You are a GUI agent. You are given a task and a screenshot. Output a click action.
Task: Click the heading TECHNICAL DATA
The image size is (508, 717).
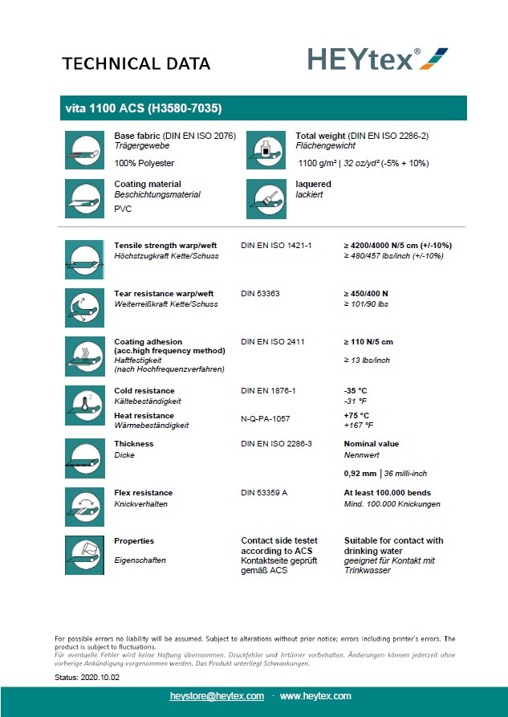(136, 64)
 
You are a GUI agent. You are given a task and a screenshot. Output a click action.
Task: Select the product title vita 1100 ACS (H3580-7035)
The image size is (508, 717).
(141, 108)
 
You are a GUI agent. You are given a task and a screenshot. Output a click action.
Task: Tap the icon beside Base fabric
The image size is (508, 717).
(83, 149)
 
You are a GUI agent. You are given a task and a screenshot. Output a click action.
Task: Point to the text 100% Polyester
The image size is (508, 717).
(145, 163)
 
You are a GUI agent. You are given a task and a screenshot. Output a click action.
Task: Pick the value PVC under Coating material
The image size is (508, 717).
(123, 209)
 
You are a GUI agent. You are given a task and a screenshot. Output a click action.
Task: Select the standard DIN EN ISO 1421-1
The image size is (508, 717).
(276, 245)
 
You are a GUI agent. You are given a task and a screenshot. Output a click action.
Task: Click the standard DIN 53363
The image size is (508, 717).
(260, 294)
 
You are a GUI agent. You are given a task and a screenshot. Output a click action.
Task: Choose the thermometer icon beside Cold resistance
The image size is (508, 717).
(83, 403)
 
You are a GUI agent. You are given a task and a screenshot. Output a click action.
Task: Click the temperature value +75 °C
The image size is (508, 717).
(357, 416)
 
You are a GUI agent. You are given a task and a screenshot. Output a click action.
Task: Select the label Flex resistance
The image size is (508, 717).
(143, 493)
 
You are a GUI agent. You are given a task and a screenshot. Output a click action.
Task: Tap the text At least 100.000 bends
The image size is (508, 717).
(387, 493)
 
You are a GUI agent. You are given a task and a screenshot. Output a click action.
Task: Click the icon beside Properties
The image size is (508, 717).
(83, 553)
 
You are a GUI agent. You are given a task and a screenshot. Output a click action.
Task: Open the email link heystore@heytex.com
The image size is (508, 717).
(217, 696)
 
